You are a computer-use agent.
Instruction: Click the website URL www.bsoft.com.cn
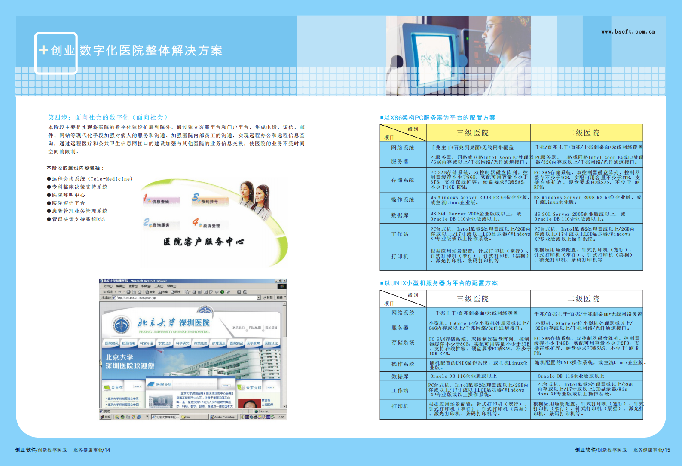point(628,31)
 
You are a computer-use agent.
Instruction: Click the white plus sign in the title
point(43,50)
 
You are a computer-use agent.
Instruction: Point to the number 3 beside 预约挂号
point(196,197)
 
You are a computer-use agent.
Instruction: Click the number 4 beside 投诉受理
point(196,222)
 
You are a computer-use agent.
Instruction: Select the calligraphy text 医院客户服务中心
point(204,242)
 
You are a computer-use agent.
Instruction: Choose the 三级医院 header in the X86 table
point(472,133)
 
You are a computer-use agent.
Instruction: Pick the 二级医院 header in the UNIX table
point(583,299)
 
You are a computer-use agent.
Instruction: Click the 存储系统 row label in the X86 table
point(403,180)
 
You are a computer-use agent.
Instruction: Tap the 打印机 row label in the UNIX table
point(400,406)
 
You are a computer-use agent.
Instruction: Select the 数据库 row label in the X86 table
point(400,215)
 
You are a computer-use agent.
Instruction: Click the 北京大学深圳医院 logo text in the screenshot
point(174,323)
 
